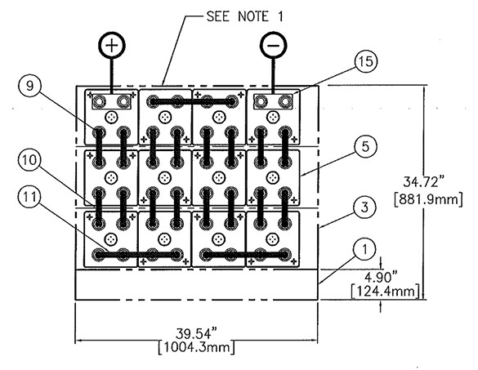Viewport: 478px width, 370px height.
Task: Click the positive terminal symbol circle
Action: point(112,45)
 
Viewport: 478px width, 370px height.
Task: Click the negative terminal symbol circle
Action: point(274,45)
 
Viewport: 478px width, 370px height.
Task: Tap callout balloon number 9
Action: point(29,87)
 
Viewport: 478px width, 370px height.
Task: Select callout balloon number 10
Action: point(29,160)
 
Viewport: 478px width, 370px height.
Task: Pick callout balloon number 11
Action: point(29,197)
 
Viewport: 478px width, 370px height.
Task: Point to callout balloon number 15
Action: point(366,61)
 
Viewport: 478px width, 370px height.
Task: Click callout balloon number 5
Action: point(365,146)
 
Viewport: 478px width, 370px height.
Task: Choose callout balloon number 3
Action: point(365,207)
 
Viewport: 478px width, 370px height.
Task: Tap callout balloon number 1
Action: point(365,249)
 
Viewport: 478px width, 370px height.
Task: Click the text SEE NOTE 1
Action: point(245,16)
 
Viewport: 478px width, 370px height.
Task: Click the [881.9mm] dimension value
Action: point(428,199)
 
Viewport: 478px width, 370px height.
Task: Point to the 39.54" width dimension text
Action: point(198,333)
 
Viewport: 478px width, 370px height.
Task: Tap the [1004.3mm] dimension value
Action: point(197,348)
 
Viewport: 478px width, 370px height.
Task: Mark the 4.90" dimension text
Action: point(382,278)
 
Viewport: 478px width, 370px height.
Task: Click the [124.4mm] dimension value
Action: point(386,291)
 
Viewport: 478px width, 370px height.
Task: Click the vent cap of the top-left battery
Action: point(111,117)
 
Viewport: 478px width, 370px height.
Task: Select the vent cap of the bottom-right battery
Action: point(273,239)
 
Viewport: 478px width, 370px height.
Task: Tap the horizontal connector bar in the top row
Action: point(192,101)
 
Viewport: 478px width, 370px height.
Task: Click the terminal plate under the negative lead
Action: point(273,101)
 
